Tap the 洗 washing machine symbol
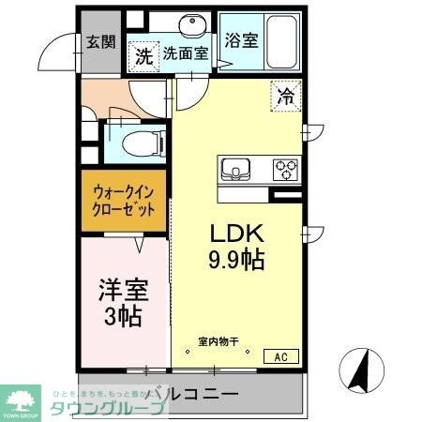point(143,55)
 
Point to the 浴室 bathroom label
point(242,40)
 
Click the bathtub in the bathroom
point(280,41)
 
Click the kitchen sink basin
point(234,170)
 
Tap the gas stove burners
point(285,170)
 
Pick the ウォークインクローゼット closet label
point(123,202)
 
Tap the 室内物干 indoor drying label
point(218,341)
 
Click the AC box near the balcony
point(280,355)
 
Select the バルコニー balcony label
point(192,394)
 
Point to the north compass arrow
point(359,371)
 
